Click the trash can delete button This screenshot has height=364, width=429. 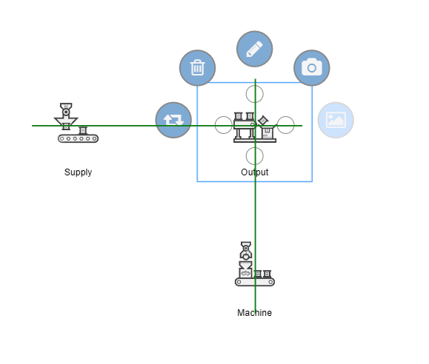pos(197,68)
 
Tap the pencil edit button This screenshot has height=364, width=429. pos(254,49)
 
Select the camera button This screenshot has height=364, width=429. pos(312,68)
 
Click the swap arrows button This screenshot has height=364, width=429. pos(173,120)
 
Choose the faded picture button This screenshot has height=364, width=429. pos(336,120)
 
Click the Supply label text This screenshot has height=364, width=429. pos(78,172)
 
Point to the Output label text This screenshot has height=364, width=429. pos(254,172)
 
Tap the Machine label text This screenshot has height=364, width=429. pos(254,313)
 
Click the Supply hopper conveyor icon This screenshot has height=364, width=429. pos(76,123)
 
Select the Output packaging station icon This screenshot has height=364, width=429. pos(255,127)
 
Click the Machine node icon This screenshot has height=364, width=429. pos(255,264)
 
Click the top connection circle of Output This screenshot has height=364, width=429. pos(255,94)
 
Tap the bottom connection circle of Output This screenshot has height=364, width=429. pos(255,156)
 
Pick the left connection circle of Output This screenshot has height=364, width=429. pos(224,125)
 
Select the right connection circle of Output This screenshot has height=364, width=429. pos(286,125)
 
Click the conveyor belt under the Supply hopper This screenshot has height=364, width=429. pos(78,138)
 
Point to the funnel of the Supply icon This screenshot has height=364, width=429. pos(66,121)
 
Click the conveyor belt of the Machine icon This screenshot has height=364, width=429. pos(255,282)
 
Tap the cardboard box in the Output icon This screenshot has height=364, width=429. pos(267,133)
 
